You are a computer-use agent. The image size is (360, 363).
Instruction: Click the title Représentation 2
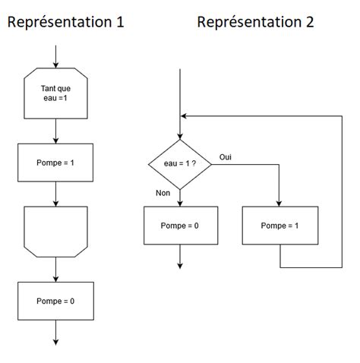pyautogui.click(x=254, y=22)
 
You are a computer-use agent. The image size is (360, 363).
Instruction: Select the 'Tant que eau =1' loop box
pyautogui.click(x=55, y=94)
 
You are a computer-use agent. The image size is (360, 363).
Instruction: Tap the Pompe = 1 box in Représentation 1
pyautogui.click(x=55, y=163)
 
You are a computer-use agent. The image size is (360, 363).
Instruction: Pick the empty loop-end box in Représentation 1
pyautogui.click(x=55, y=230)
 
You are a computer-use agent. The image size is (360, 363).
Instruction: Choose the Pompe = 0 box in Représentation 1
pyautogui.click(x=55, y=301)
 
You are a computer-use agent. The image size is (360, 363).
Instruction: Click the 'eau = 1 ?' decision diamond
pyautogui.click(x=180, y=164)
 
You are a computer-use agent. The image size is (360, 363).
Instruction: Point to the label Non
pyautogui.click(x=163, y=194)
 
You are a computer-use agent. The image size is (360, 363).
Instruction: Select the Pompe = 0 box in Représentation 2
pyautogui.click(x=180, y=226)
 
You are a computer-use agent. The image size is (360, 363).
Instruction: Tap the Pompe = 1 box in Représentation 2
pyautogui.click(x=280, y=226)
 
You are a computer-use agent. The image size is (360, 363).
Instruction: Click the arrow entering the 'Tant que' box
pyautogui.click(x=55, y=56)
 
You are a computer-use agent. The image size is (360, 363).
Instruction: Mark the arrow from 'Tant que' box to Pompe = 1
pyautogui.click(x=55, y=131)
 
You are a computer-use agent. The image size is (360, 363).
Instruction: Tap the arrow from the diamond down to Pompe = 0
pyautogui.click(x=180, y=198)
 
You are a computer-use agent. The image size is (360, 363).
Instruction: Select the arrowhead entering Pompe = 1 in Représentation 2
pyautogui.click(x=280, y=203)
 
